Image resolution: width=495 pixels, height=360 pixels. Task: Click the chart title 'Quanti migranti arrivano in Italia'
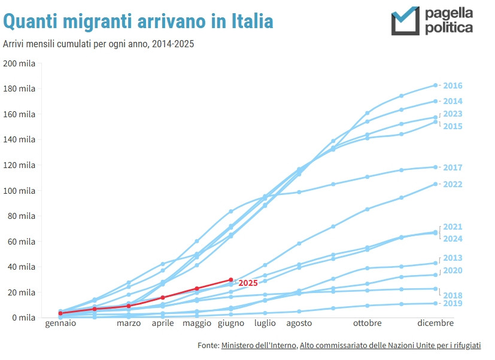pos(138,22)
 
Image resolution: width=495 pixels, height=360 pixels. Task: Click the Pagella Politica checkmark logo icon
pos(405,21)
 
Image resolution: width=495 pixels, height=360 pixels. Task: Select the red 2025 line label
pos(248,283)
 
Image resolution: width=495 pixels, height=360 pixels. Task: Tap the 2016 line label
pos(453,86)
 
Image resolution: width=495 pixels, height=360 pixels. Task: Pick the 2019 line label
pos(453,304)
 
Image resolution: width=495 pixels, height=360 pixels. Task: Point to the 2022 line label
pos(453,184)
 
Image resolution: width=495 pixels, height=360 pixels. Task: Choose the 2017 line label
pos(453,167)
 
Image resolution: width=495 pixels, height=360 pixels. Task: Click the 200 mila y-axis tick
pos(19,63)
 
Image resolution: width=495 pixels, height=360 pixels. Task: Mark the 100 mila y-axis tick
pos(19,191)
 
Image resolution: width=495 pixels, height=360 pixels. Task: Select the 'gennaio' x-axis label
pos(60,324)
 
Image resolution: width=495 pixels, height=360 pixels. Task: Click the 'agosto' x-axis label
pos(299,324)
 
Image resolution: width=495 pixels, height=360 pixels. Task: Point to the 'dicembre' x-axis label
pos(435,324)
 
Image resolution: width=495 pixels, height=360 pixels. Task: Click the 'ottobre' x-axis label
pos(367,324)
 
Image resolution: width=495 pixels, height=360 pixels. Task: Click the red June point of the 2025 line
pos(231,280)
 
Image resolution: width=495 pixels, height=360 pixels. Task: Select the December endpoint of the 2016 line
pos(435,86)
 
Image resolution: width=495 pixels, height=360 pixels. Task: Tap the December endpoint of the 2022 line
pos(435,184)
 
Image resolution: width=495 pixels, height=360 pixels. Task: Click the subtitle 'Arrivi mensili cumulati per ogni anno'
pos(99,44)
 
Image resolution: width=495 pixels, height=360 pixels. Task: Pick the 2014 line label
pos(453,101)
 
